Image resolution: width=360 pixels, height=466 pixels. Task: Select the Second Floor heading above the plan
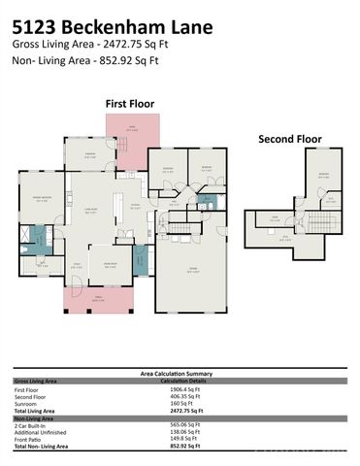click(289, 139)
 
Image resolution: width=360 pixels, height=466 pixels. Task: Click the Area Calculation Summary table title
click(180, 374)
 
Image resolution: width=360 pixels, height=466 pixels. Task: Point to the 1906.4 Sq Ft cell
click(180, 389)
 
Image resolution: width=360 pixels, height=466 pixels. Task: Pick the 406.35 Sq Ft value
click(180, 397)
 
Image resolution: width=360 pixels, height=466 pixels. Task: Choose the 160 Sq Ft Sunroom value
click(178, 404)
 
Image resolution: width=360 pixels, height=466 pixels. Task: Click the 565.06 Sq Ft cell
click(180, 424)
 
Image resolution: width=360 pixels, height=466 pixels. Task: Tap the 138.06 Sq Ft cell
click(180, 431)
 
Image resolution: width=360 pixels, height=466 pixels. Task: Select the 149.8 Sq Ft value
click(179, 438)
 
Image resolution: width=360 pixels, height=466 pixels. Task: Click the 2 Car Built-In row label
click(38, 424)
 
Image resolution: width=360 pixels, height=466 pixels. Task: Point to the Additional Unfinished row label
click(45, 431)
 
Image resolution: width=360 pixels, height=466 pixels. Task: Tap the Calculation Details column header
click(180, 381)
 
